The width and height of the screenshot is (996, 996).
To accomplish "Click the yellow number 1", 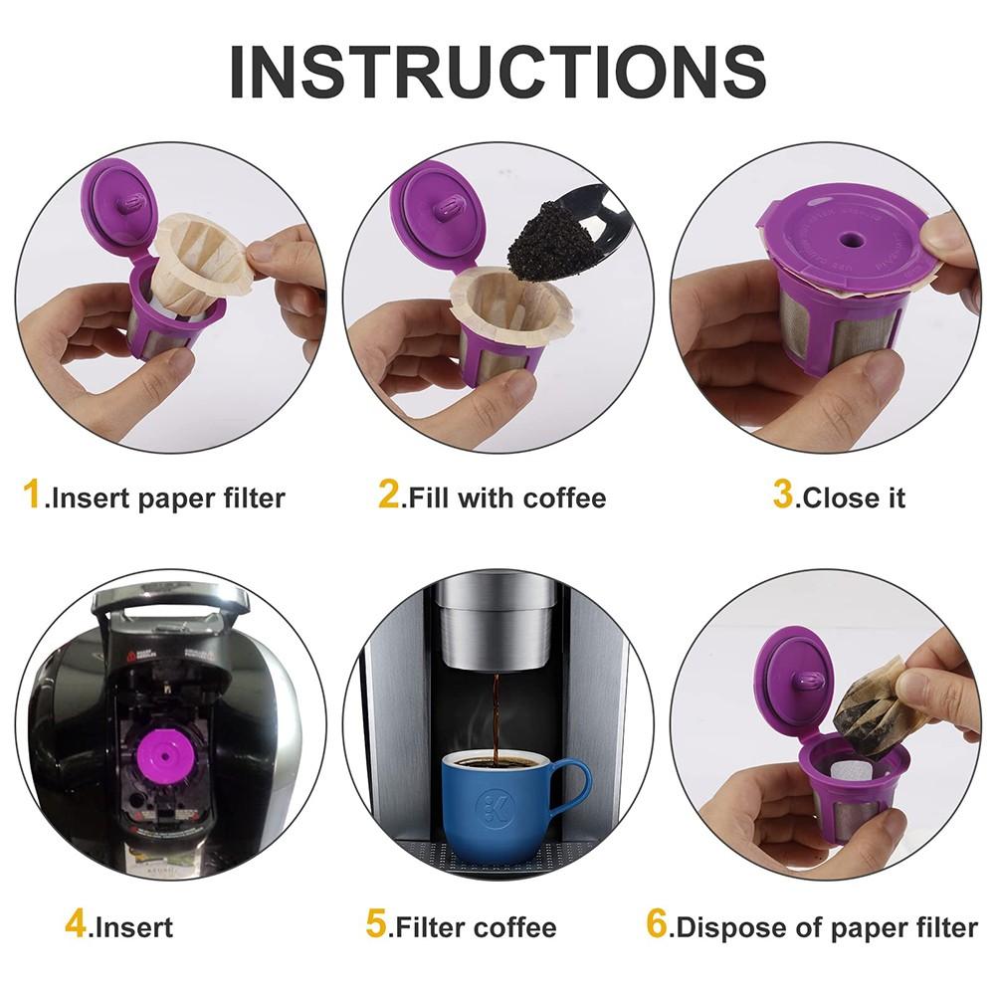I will pyautogui.click(x=33, y=494).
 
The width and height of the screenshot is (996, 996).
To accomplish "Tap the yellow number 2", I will pyautogui.click(x=388, y=494).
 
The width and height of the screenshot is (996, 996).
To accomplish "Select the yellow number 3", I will pyautogui.click(x=784, y=494).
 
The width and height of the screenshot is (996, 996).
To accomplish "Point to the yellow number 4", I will pyautogui.click(x=77, y=924).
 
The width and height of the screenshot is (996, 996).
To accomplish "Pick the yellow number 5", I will pyautogui.click(x=376, y=924).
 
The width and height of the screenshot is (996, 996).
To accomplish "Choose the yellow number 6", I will pyautogui.click(x=657, y=924).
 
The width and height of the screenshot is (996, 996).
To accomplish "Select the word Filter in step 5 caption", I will pyautogui.click(x=431, y=928).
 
